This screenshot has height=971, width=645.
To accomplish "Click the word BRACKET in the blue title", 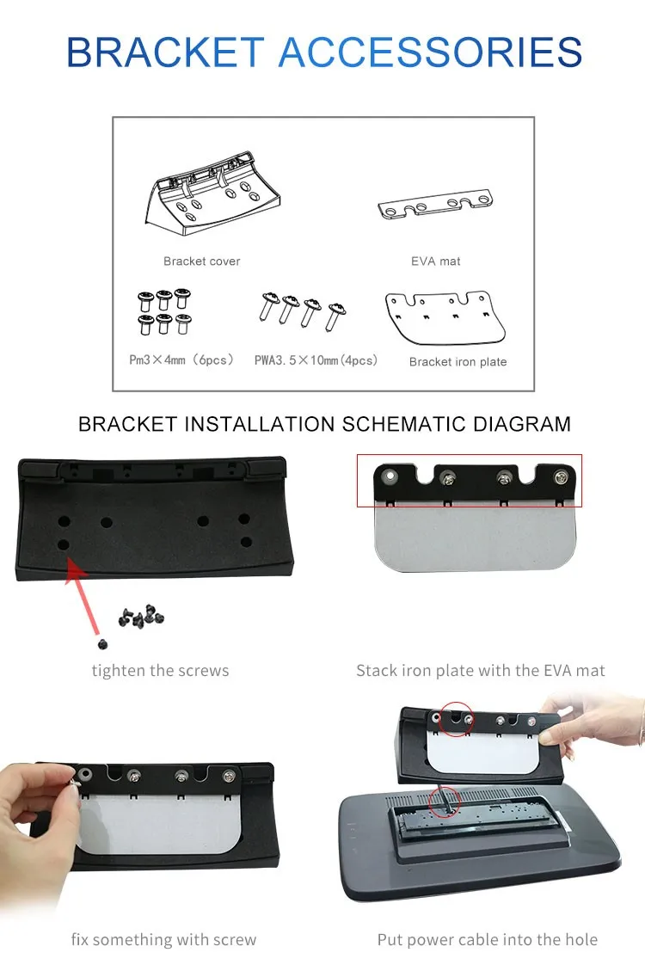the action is (165, 52).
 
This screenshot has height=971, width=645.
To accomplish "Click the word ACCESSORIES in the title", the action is (430, 52).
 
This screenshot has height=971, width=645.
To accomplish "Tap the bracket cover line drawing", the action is (212, 193).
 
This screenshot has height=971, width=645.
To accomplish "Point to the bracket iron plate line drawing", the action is (445, 317).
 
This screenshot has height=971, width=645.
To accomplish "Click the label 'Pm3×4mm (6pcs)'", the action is (181, 360).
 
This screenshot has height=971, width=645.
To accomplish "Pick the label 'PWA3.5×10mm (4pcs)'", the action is (316, 360).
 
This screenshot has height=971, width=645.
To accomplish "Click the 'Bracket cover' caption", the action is (202, 261).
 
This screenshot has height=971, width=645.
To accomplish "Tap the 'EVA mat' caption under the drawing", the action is (436, 261).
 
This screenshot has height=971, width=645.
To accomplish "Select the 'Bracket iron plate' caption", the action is (458, 361).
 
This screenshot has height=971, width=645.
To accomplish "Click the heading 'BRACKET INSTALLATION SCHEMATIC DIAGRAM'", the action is (324, 424).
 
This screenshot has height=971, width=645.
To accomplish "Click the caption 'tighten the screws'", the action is (160, 671).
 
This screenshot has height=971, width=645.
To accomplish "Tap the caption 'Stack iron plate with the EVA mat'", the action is (481, 671).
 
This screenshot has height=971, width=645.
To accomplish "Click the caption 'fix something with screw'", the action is (163, 939).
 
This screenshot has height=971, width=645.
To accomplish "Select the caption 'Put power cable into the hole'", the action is (487, 939).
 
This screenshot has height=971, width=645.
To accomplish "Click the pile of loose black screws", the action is (141, 616).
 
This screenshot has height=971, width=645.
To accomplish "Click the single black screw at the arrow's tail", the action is (102, 644).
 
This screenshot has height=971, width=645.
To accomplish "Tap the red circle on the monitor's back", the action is (444, 802).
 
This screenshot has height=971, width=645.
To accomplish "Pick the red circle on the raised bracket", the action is (456, 718).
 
